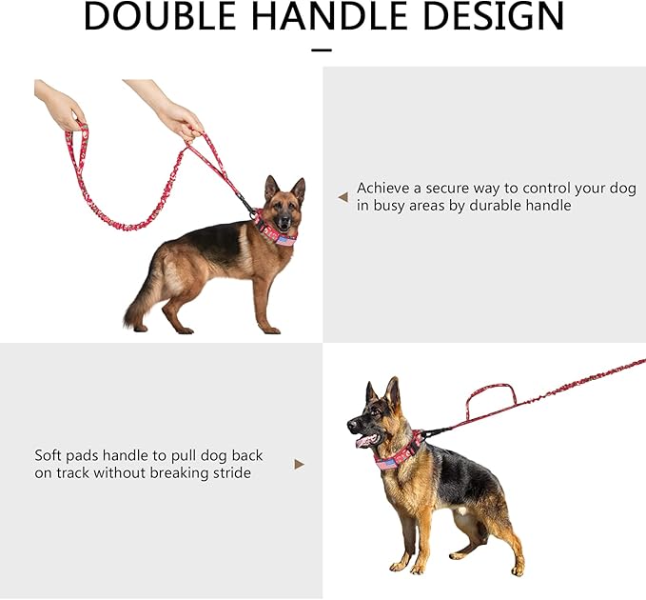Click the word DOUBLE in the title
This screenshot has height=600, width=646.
coord(160,15)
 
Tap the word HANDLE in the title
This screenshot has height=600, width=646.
coord(327,15)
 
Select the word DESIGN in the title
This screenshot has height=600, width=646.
coord(494,15)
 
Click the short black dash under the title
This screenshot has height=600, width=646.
coord(322,50)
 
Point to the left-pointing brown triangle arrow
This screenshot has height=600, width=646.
coord(343,197)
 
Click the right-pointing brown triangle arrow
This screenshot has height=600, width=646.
coord(300,465)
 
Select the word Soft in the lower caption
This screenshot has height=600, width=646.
coord(48,455)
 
